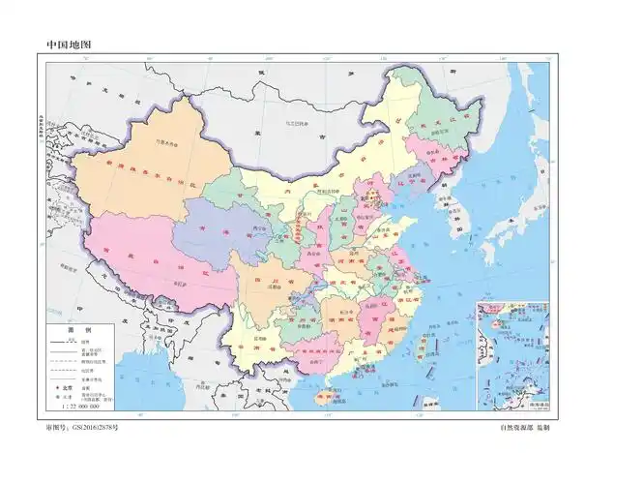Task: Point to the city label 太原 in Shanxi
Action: [334, 219]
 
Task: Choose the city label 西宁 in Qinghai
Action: [257, 228]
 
